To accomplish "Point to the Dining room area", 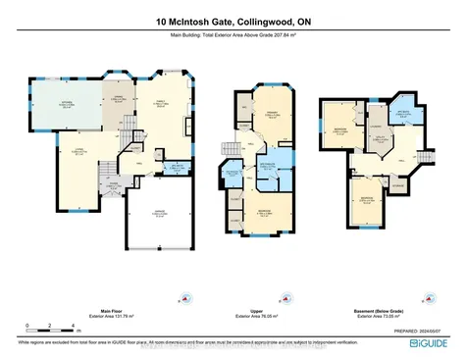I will [x=116, y=100].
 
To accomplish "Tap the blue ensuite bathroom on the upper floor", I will [x=281, y=163].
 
